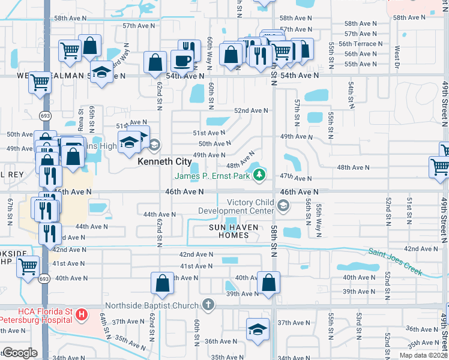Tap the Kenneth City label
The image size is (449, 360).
164,162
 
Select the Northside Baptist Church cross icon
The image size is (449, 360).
208,305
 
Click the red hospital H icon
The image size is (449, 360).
82,314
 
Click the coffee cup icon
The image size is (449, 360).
182,60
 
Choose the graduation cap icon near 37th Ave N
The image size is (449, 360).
258,329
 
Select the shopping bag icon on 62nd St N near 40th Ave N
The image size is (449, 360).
163,283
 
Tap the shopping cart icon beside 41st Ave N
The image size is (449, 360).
28,266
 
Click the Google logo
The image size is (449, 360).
20,352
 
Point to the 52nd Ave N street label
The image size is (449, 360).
251,111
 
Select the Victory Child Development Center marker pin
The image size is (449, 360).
283,206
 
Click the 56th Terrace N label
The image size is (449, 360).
361,44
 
